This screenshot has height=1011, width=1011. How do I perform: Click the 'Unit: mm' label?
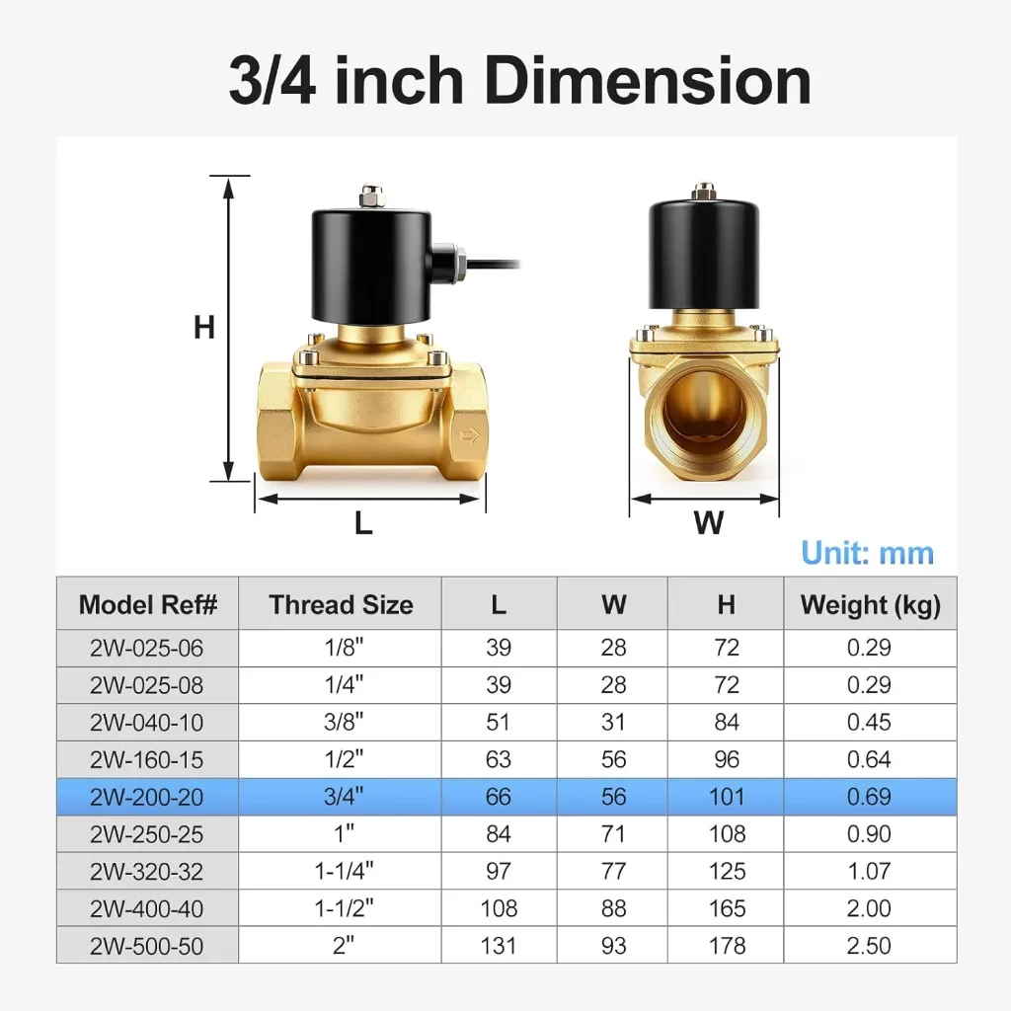pos(867,553)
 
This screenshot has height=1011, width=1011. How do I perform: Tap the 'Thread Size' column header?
pos(341,605)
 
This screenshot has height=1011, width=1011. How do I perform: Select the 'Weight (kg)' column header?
pos(871,605)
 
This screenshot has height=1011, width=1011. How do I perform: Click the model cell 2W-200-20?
pos(146,797)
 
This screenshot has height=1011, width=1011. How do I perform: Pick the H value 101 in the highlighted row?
pos(727,797)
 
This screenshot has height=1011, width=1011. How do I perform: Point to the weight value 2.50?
pos(869,946)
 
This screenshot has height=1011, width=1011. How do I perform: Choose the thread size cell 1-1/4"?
pos(344,871)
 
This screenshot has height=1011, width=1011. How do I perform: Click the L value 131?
pos(499,946)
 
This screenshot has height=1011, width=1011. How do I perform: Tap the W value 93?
pos(613,946)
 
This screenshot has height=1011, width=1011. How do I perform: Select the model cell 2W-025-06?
pos(146,648)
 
